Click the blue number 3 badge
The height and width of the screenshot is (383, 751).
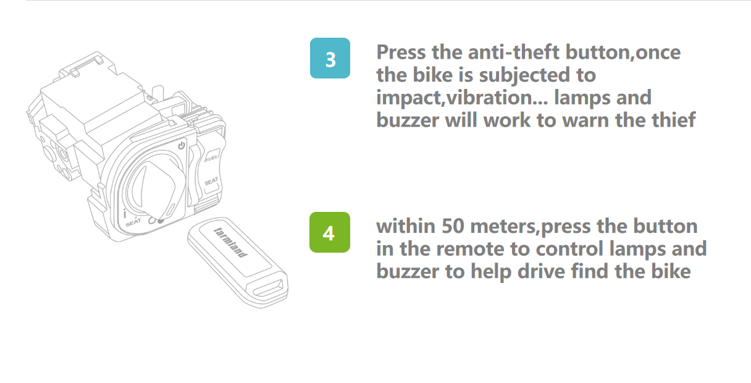coord(330,58)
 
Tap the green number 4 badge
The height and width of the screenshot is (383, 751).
coord(330,232)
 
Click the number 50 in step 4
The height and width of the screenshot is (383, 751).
coord(453,226)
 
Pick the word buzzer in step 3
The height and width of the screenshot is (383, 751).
coord(408,120)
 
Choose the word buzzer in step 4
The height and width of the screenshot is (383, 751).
coord(408,271)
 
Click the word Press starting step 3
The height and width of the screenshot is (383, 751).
coord(401,53)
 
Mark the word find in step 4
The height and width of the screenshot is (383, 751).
coord(590,271)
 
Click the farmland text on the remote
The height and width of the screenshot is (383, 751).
coord(230,243)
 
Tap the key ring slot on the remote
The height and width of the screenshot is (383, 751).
coord(268,288)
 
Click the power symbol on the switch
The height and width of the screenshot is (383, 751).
coord(182,145)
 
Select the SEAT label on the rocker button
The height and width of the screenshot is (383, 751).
coord(211,182)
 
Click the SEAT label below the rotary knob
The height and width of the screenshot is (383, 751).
coord(133,222)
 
